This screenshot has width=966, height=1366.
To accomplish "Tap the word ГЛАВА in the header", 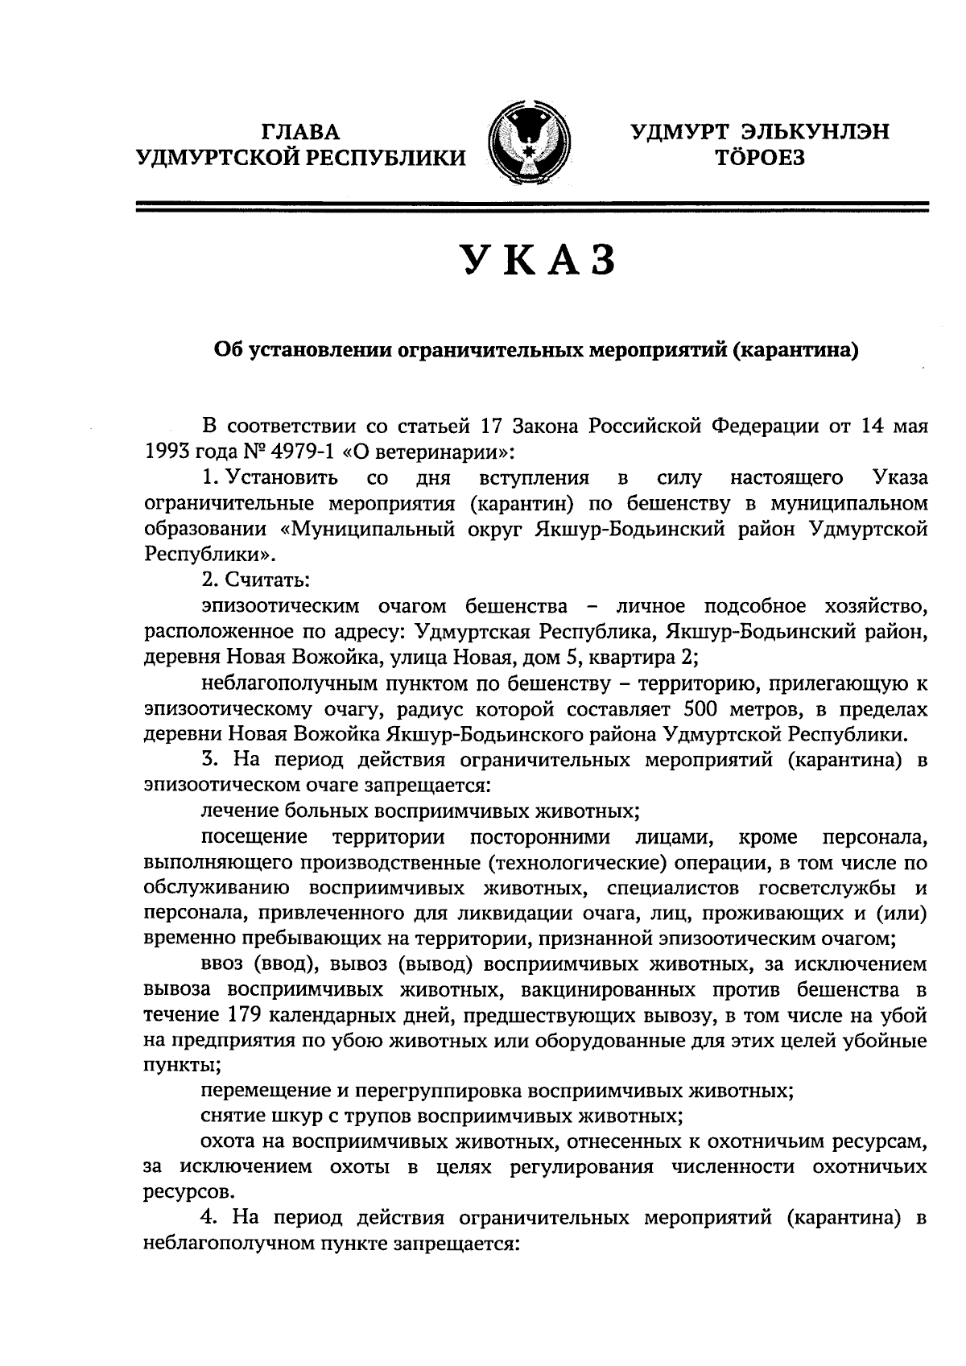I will (301, 132).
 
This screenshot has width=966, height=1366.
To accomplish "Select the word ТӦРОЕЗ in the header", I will (759, 158).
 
